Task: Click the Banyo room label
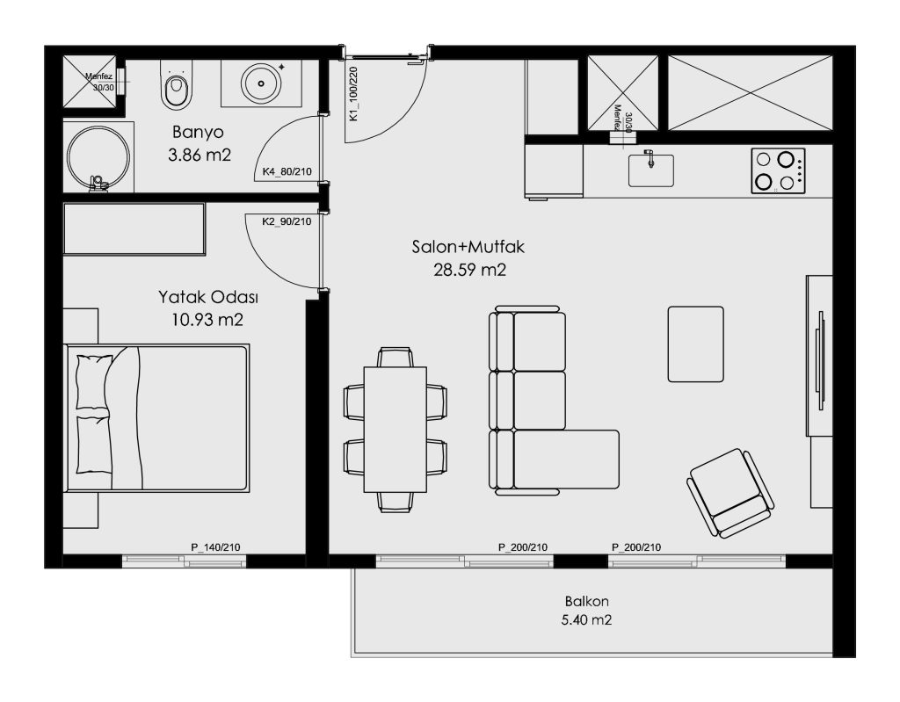pyautogui.click(x=198, y=133)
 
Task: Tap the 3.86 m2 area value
pyautogui.click(x=200, y=155)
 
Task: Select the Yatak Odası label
pyautogui.click(x=207, y=297)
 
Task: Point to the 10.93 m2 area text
pyautogui.click(x=207, y=320)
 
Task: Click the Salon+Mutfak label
pyautogui.click(x=468, y=247)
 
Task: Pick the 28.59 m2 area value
pyautogui.click(x=469, y=270)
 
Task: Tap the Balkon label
pyautogui.click(x=586, y=602)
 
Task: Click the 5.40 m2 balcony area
pyautogui.click(x=586, y=620)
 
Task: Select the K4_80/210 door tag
pyautogui.click(x=287, y=171)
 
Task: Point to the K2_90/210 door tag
pyautogui.click(x=287, y=221)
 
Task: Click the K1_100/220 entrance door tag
pyautogui.click(x=353, y=93)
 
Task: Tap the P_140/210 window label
pyautogui.click(x=215, y=547)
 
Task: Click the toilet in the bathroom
pyautogui.click(x=176, y=85)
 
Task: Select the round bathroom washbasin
pyautogui.click(x=261, y=83)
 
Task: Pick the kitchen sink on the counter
pyautogui.click(x=651, y=170)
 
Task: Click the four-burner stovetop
pyautogui.click(x=779, y=170)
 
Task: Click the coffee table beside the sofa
pyautogui.click(x=696, y=344)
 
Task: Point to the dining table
pyautogui.click(x=395, y=430)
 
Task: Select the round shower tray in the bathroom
pyautogui.click(x=98, y=156)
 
